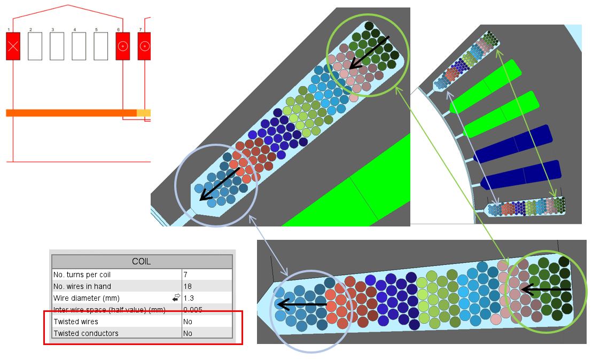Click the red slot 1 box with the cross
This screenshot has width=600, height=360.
(13, 46)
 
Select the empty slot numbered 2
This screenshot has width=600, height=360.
(35, 46)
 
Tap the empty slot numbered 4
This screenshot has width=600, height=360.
(79, 46)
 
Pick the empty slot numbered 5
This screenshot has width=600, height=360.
(100, 46)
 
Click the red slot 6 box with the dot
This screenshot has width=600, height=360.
(122, 46)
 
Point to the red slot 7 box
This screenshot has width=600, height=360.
(144, 46)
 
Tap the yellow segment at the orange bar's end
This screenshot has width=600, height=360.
(144, 113)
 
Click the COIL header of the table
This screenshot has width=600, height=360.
(142, 262)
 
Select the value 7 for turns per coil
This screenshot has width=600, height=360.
(185, 275)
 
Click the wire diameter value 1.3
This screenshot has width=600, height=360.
(189, 298)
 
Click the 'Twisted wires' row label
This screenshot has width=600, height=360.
(76, 322)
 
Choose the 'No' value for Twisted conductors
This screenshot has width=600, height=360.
(188, 333)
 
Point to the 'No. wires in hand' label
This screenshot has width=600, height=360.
(82, 286)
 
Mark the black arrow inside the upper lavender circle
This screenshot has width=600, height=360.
(219, 184)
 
